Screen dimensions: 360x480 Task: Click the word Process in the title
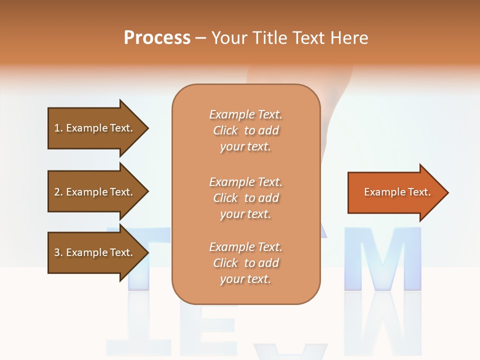pyautogui.click(x=157, y=38)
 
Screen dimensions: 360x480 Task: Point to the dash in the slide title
pyautogui.click(x=200, y=38)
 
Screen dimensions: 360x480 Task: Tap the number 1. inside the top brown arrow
pyautogui.click(x=58, y=128)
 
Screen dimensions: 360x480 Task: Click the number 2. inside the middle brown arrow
pyautogui.click(x=58, y=192)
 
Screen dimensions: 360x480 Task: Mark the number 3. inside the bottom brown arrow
pyautogui.click(x=58, y=252)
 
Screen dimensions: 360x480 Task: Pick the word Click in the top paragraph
pyautogui.click(x=225, y=131)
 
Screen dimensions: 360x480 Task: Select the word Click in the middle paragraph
pyautogui.click(x=225, y=198)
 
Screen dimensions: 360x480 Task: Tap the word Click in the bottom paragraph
pyautogui.click(x=225, y=263)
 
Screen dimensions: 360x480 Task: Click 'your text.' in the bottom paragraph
pyautogui.click(x=245, y=279)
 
